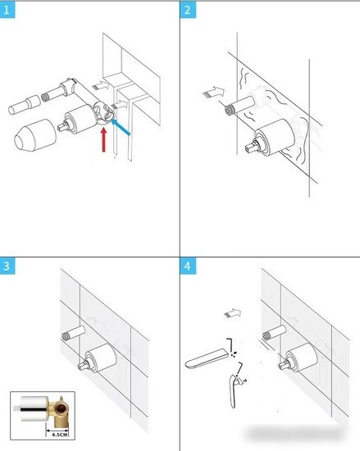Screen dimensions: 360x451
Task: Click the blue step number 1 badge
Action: (x=7, y=11)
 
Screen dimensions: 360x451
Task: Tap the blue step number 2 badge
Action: (x=188, y=11)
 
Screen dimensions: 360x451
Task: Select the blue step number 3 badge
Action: (x=7, y=266)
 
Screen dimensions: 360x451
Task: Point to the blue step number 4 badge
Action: (x=188, y=266)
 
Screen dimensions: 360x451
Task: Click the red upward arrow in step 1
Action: (x=104, y=139)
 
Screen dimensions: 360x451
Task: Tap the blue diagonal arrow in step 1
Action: (x=121, y=127)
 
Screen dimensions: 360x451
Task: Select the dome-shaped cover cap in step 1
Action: (x=35, y=135)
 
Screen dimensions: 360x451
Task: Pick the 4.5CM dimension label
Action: (x=60, y=435)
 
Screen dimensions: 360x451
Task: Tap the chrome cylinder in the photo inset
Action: (x=34, y=409)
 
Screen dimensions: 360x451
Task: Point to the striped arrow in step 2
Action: (x=214, y=92)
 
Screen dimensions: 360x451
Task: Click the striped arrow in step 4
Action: (x=233, y=313)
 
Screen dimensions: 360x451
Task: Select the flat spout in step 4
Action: (x=207, y=358)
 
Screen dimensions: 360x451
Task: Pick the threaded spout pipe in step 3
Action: (x=74, y=332)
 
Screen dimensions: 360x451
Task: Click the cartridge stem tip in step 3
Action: (x=82, y=366)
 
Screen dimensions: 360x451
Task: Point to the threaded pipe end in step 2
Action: (x=229, y=110)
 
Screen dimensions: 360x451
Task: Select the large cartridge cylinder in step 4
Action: (x=303, y=358)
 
